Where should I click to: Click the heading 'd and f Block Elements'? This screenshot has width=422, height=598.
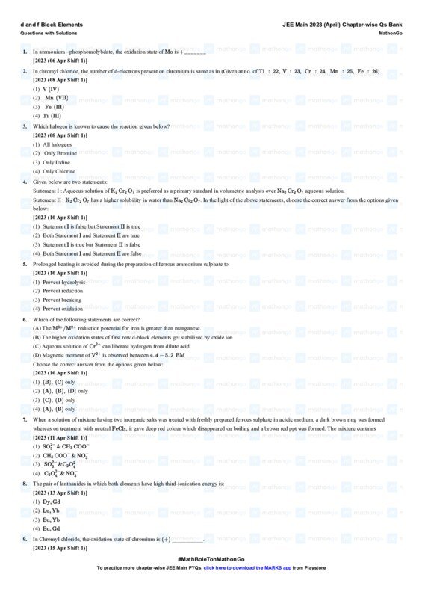[x=52, y=25]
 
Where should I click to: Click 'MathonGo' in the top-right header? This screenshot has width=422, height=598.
[x=389, y=34]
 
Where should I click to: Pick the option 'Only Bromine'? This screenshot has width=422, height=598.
[x=55, y=153]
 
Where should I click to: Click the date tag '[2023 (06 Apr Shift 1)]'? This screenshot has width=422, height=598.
[x=60, y=60]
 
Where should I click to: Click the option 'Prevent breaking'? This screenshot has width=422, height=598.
[x=58, y=300]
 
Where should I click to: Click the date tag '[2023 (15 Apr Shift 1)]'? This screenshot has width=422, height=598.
[x=60, y=548]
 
